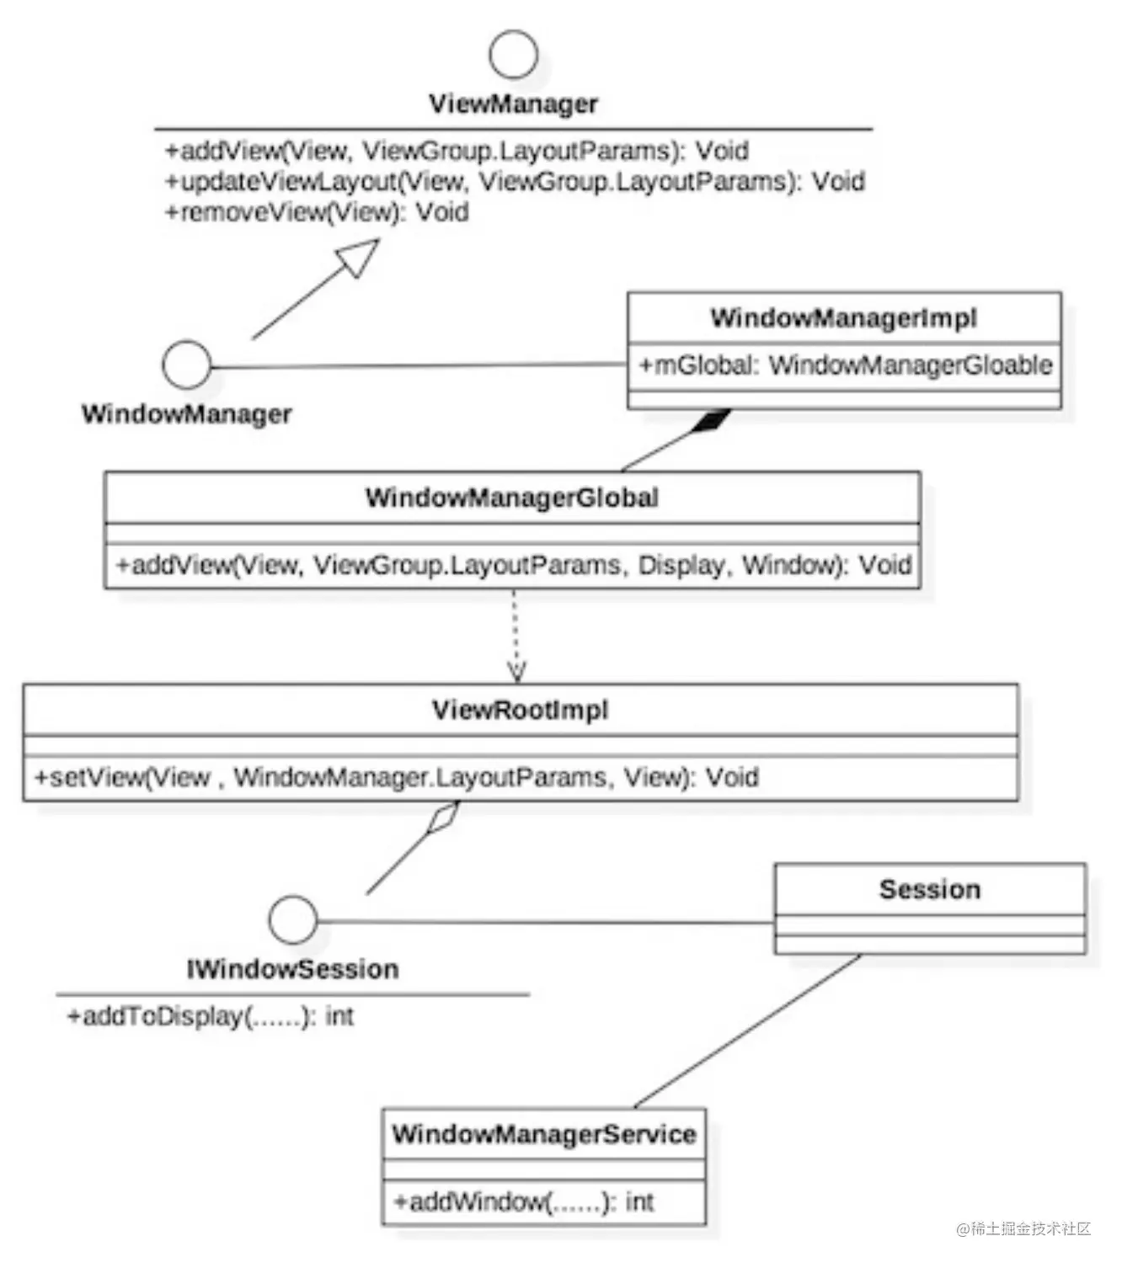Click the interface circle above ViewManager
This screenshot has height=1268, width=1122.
(513, 55)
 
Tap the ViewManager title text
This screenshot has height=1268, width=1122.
(513, 104)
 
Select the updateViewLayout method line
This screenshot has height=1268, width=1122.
(515, 181)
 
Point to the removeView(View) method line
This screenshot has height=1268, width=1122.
(317, 212)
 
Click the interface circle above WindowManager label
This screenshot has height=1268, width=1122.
(186, 365)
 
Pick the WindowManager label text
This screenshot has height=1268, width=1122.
(186, 413)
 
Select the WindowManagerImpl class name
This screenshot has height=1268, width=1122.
(843, 317)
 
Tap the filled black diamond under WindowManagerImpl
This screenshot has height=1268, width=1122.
(710, 419)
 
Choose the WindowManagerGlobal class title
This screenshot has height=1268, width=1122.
(511, 498)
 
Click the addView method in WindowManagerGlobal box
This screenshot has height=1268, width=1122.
(513, 564)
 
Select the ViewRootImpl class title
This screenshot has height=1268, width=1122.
(520, 710)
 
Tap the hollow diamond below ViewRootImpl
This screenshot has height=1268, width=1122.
(442, 818)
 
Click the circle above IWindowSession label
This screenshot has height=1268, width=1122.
(292, 919)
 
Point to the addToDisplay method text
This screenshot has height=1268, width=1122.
(210, 1016)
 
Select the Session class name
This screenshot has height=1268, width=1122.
(929, 889)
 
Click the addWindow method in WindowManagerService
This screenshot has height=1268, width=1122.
(523, 1201)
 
